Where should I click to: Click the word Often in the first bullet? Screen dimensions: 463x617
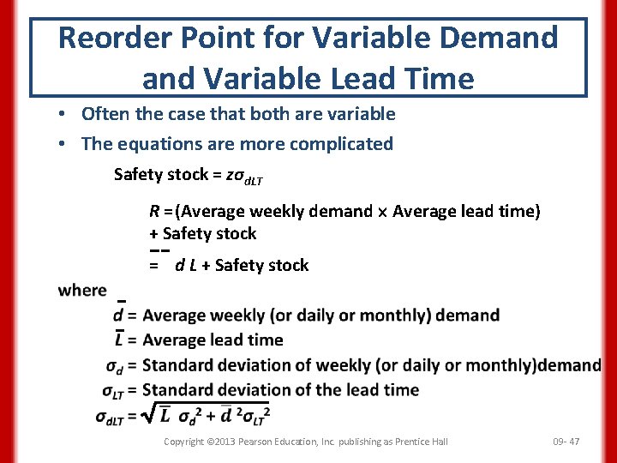[x=104, y=114]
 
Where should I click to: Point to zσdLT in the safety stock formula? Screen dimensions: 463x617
[x=244, y=176]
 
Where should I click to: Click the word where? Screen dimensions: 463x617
[x=82, y=290]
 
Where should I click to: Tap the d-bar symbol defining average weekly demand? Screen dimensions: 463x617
[x=119, y=315]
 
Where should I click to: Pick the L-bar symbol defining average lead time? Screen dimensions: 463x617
[x=119, y=340]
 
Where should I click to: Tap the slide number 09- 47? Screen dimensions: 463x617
[x=566, y=442]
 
